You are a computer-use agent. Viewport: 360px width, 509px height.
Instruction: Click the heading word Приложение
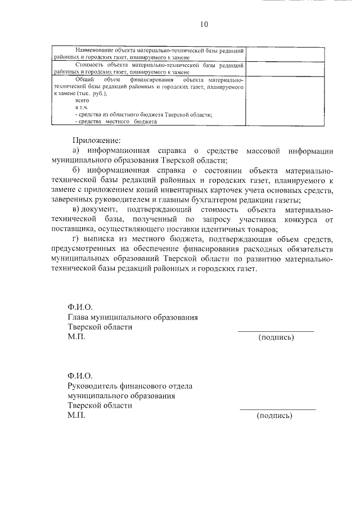(97, 140)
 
